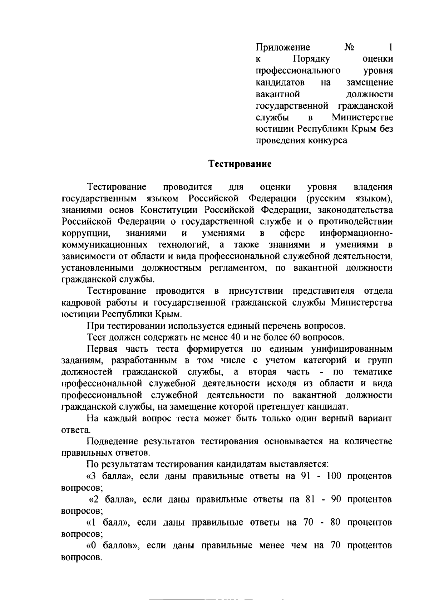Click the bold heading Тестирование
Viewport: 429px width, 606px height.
pyautogui.click(x=240, y=164)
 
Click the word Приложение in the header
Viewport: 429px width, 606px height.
pyautogui.click(x=283, y=47)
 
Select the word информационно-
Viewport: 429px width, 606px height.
pyautogui.click(x=356, y=234)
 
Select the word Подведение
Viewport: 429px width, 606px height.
pyautogui.click(x=113, y=441)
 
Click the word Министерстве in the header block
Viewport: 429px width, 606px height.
pyautogui.click(x=363, y=117)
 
